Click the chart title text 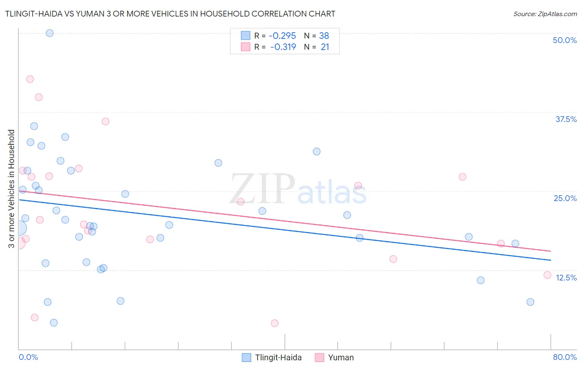point(170,14)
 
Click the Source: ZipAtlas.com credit point(545,14)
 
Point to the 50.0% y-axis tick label point(565,40)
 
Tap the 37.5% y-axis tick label point(566,119)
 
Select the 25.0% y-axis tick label point(565,198)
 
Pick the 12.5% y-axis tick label point(566,278)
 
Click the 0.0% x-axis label point(28,357)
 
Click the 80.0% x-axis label point(565,357)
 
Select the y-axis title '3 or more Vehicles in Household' point(11,189)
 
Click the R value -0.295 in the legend point(282,36)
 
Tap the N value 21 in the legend point(325,47)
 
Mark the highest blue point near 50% point(50,33)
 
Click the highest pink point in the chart point(30,79)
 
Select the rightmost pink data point point(547,275)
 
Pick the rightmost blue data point point(530,302)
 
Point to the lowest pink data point point(274,323)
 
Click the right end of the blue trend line point(551,260)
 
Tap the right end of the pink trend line point(551,251)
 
